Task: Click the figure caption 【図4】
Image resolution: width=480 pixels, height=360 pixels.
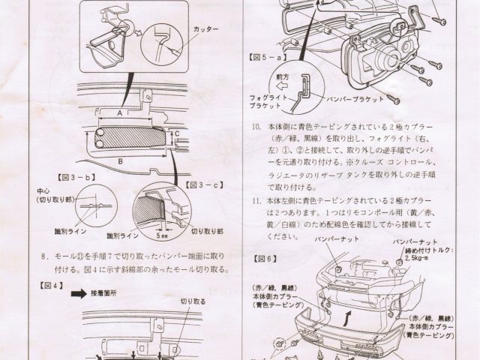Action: pyautogui.click(x=44, y=286)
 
